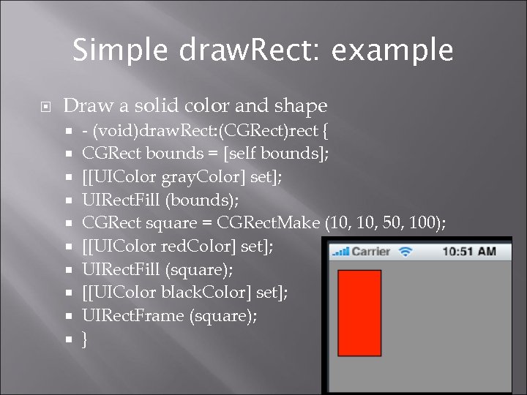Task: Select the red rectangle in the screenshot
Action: click(x=359, y=311)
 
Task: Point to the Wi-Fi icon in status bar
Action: click(x=405, y=251)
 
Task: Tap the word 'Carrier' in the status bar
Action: click(x=371, y=252)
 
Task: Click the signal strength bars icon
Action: click(x=340, y=252)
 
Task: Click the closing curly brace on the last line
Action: click(x=86, y=339)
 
